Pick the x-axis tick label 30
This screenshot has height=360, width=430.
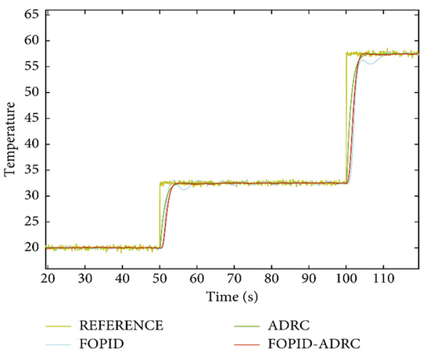pos(84,278)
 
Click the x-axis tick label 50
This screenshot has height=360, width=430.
pos(159,278)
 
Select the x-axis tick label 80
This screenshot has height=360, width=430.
pos(271,278)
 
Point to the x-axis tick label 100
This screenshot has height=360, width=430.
pos(345,278)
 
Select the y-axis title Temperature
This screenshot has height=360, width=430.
pos(11,141)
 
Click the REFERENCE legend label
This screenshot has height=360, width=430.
pos(121,325)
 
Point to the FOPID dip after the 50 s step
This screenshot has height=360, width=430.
pos(184,189)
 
